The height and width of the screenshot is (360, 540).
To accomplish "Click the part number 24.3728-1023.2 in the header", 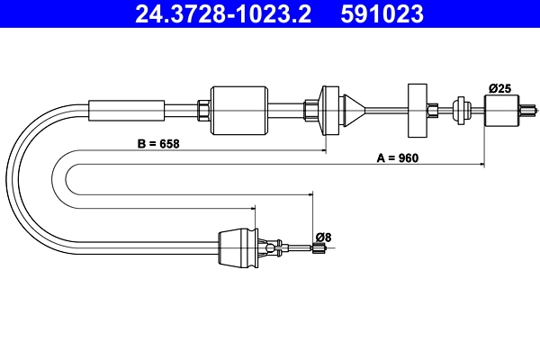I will point(223,14).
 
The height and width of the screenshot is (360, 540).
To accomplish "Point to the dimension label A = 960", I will point(397,157).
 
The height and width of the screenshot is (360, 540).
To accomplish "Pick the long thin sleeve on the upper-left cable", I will point(127,110).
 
